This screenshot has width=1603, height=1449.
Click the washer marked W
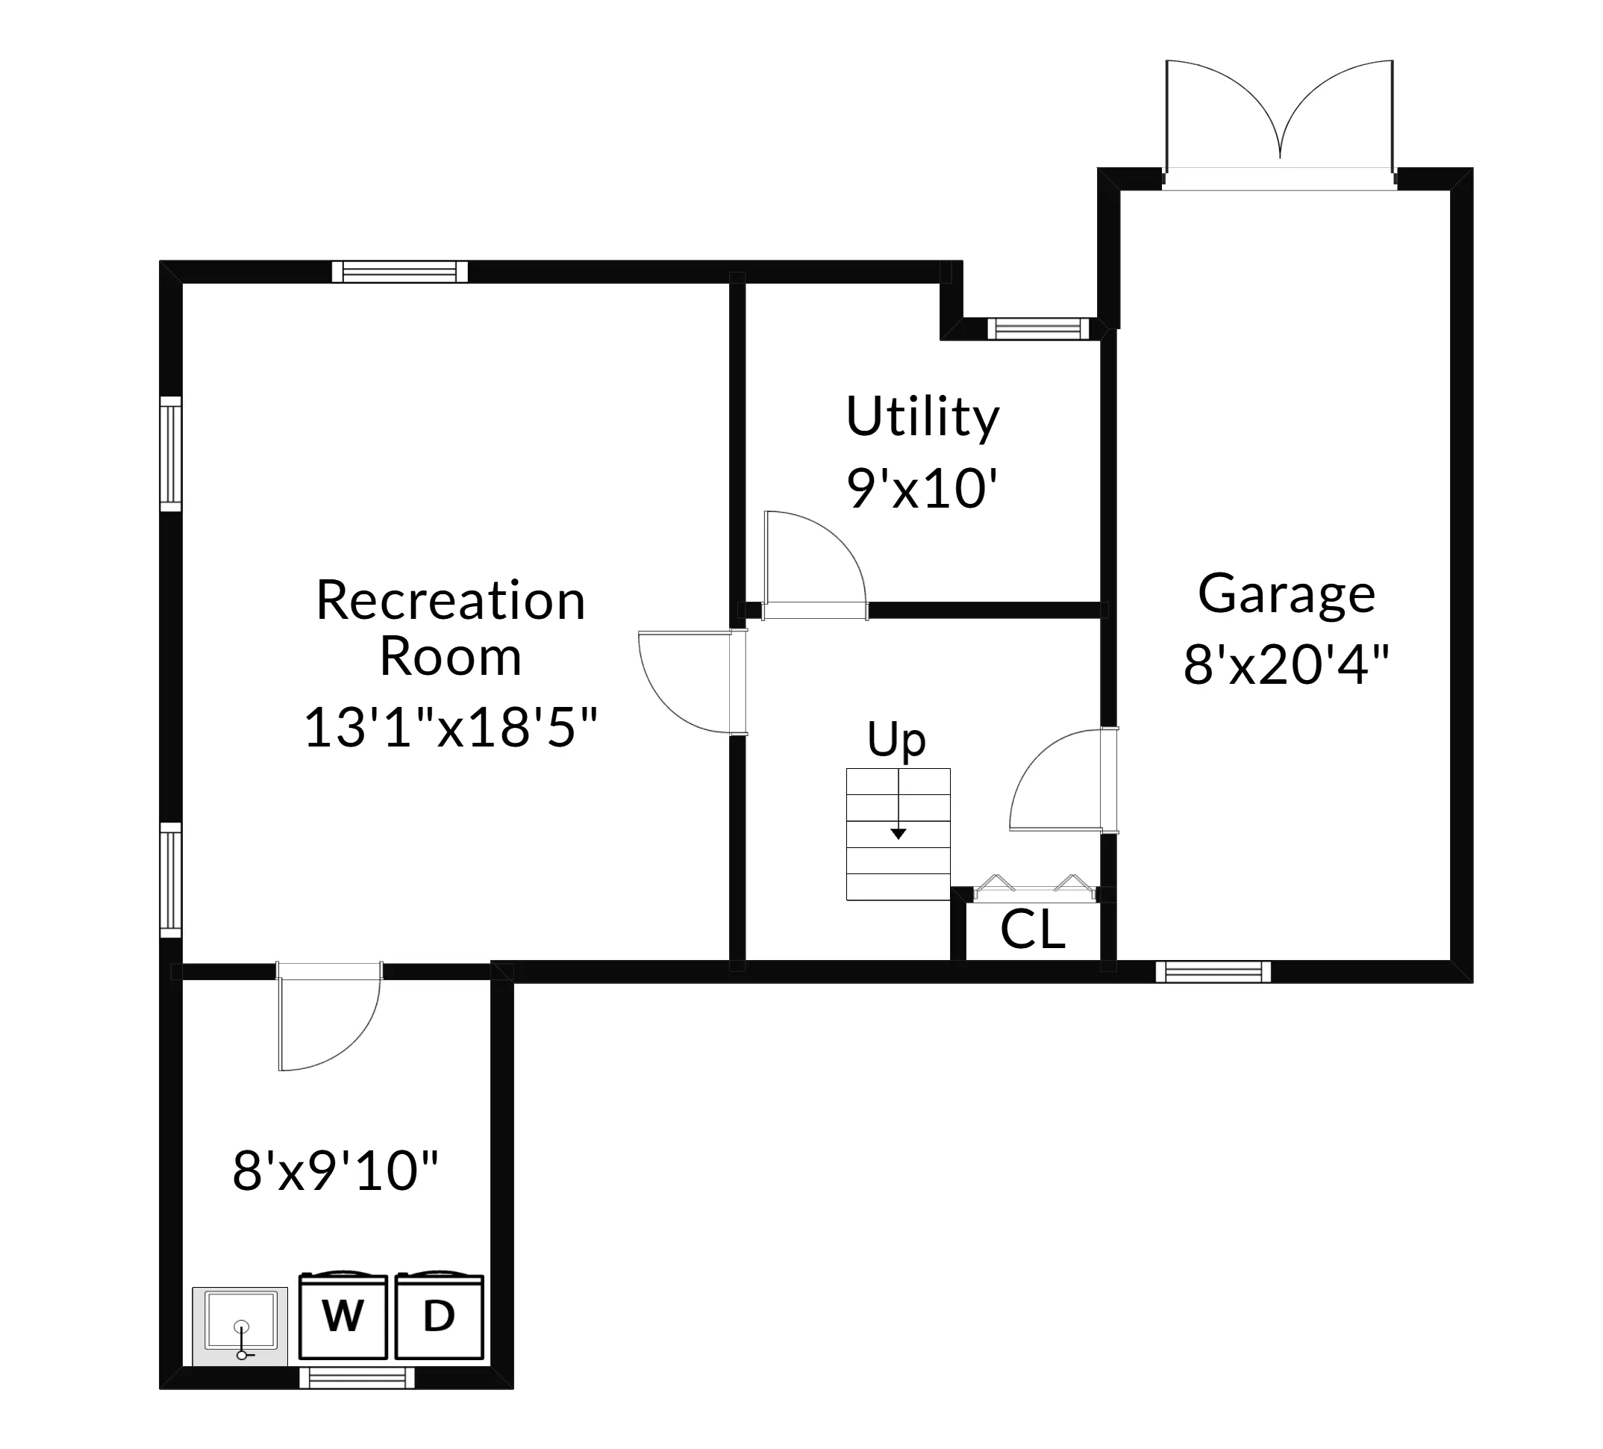point(343,1317)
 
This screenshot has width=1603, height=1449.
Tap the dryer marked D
point(439,1317)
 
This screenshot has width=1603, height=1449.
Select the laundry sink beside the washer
point(240,1325)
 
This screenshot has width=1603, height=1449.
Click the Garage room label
point(1287,593)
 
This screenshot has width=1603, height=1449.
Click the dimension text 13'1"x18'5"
point(450,727)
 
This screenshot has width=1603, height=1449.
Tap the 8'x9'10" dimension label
point(336,1171)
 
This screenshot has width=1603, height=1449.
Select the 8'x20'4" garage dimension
point(1287,665)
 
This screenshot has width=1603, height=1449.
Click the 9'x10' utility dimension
point(922,488)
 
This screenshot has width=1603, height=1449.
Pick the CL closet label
point(1032,929)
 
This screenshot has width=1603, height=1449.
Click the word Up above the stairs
point(896,740)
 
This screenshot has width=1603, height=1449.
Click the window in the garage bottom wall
point(1213,971)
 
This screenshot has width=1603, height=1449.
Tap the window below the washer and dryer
point(357,1378)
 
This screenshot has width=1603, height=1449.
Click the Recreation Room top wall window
point(399,272)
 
